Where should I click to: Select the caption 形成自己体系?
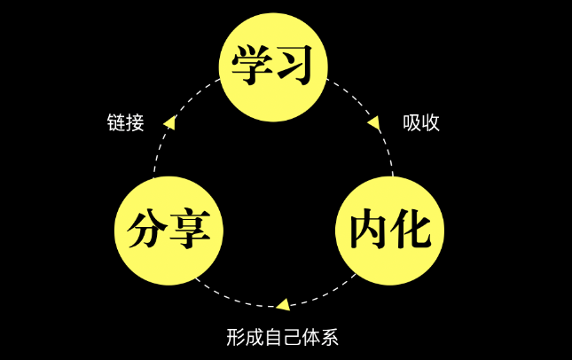click(x=282, y=337)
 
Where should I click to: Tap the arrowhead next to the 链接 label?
click(x=169, y=123)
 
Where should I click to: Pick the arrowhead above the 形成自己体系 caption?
click(x=282, y=304)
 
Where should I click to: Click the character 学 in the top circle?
click(x=252, y=67)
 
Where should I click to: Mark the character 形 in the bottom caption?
click(x=234, y=337)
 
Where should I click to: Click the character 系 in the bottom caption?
click(x=330, y=337)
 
